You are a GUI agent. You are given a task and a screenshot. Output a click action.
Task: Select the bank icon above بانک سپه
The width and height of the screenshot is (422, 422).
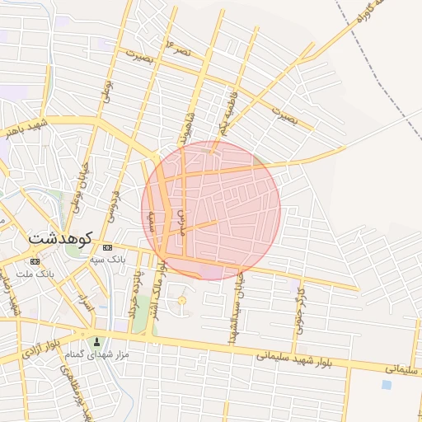[108, 247]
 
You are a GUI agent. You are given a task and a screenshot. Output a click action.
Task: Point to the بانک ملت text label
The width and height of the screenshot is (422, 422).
[35, 273]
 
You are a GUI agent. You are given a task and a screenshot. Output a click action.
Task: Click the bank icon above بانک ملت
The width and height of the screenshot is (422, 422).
[34, 261]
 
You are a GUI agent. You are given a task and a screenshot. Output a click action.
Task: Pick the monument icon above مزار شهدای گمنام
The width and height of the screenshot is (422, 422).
[97, 341]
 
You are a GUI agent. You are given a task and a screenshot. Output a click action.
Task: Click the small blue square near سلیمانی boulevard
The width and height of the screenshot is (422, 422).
[387, 384]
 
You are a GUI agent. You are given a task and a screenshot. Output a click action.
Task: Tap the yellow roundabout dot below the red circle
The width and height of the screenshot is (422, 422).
[182, 300]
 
